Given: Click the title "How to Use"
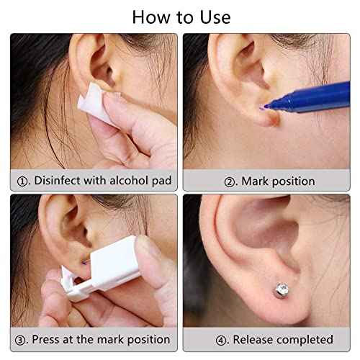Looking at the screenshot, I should pyautogui.click(x=179, y=16).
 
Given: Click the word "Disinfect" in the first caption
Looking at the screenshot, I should pyautogui.click(x=62, y=180).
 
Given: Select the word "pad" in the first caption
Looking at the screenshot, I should pyautogui.click(x=161, y=180).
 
